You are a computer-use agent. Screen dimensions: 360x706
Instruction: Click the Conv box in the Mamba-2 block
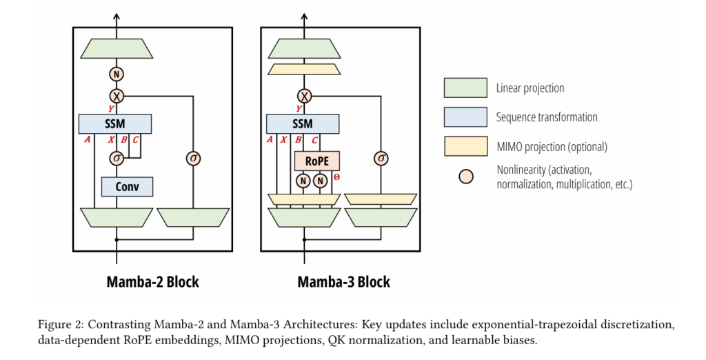127,186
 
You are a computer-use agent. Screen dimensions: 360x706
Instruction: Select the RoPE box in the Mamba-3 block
316,161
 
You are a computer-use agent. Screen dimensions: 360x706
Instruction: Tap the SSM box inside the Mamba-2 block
115,124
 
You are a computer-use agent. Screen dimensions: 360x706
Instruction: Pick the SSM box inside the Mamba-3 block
303,124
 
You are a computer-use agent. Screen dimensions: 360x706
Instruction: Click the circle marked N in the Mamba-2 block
116,74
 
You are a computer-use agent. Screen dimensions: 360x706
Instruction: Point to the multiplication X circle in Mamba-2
116,95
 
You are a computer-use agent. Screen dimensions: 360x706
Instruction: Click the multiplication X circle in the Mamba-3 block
303,95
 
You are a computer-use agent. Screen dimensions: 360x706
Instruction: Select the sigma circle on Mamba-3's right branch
381,159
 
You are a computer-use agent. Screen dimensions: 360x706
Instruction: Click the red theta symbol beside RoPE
336,177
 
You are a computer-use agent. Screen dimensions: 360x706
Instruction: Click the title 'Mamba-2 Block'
152,281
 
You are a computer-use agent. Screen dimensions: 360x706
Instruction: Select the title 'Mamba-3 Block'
343,281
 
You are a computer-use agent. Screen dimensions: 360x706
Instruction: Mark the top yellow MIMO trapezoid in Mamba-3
303,69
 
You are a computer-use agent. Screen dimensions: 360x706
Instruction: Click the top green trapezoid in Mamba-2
116,48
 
